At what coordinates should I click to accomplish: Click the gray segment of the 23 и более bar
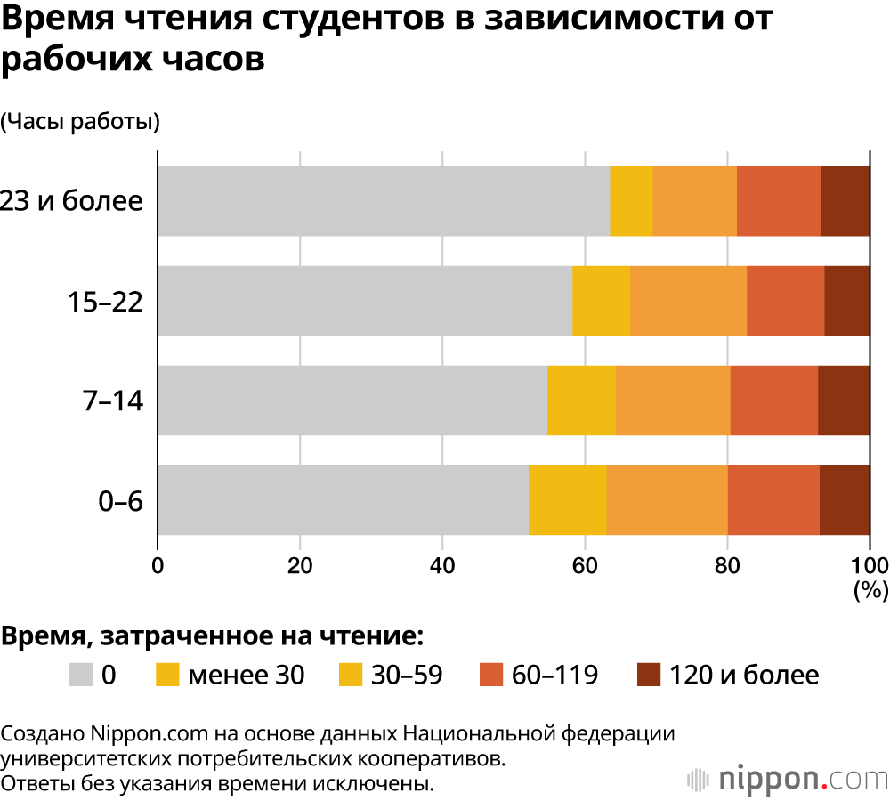click(x=384, y=201)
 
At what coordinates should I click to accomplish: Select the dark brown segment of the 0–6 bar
click(x=845, y=499)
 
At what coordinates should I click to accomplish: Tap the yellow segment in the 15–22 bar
click(x=601, y=301)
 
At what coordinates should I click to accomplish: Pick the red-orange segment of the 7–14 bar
click(x=773, y=400)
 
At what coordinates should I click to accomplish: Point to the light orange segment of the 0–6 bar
click(x=667, y=499)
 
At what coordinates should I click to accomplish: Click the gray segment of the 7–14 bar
click(x=352, y=400)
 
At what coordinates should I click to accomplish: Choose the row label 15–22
click(x=106, y=303)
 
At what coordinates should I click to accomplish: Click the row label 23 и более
click(x=71, y=201)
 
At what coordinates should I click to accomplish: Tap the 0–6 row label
click(x=121, y=501)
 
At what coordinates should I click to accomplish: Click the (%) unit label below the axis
click(x=870, y=588)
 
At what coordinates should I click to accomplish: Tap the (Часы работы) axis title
click(x=80, y=122)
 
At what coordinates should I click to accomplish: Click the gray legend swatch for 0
click(x=81, y=675)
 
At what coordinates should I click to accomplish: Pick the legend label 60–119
click(x=554, y=675)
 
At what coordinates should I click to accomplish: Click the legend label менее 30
click(x=246, y=675)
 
